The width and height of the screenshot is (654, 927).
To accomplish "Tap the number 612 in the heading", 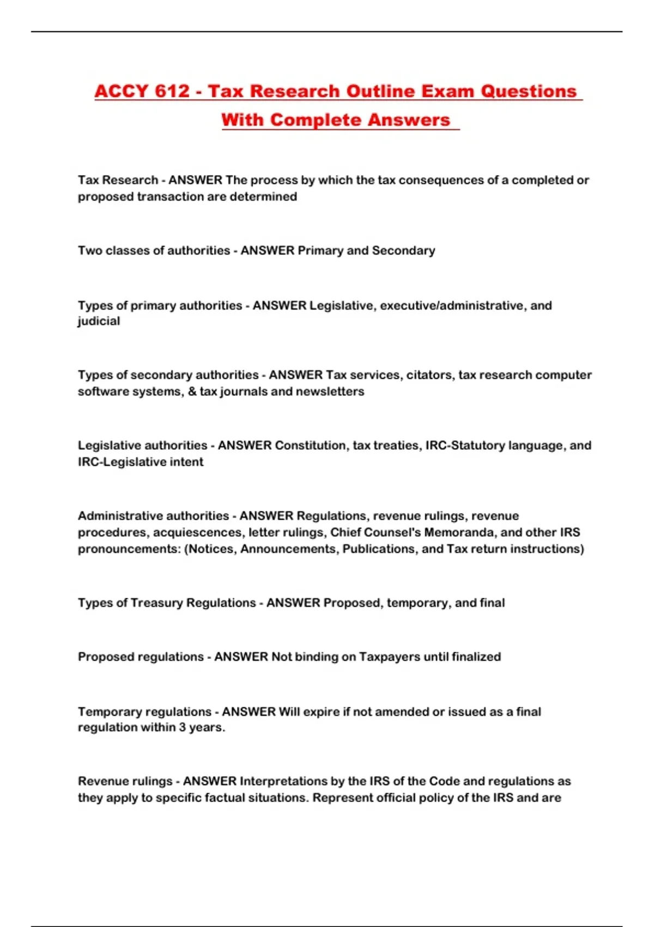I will pyautogui.click(x=172, y=91).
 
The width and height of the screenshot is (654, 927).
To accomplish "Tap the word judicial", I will pyautogui.click(x=99, y=321).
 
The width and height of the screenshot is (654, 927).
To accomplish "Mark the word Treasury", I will pyautogui.click(x=156, y=603).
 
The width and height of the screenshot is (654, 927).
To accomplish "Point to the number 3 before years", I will pyautogui.click(x=182, y=727).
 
